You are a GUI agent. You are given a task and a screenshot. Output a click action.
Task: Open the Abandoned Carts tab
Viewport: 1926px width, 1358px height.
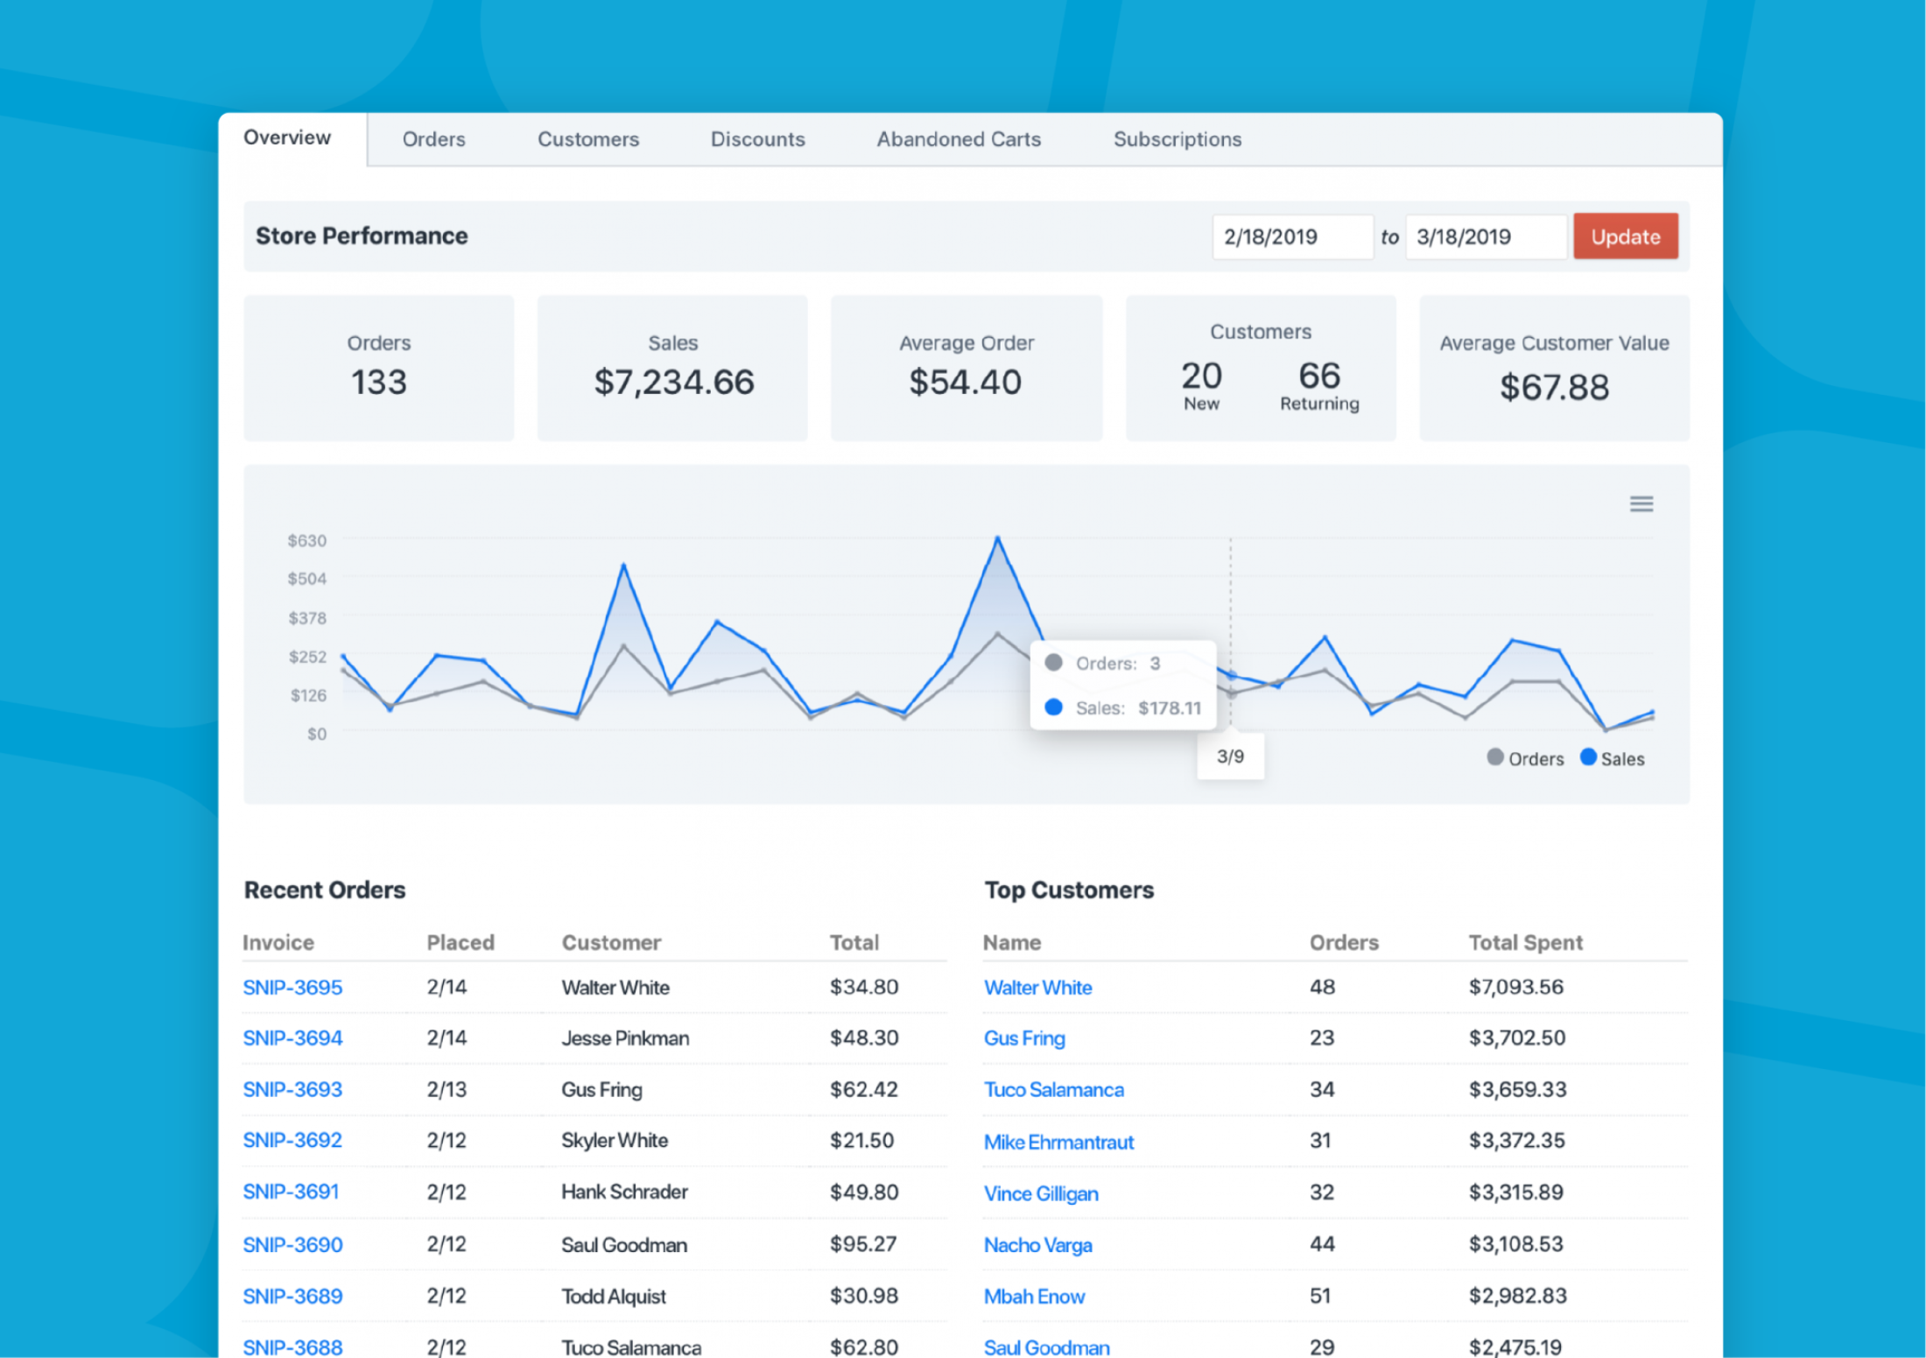(959, 139)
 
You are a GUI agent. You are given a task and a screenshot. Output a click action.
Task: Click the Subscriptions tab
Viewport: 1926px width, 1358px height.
(1177, 139)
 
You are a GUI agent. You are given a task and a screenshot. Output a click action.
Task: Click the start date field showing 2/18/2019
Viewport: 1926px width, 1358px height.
(1292, 236)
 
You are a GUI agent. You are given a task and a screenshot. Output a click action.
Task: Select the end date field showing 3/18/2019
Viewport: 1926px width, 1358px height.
(1486, 236)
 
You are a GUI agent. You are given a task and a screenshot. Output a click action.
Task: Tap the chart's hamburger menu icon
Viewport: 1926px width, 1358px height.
(1641, 503)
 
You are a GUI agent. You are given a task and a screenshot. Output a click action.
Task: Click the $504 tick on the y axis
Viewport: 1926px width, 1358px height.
(306, 579)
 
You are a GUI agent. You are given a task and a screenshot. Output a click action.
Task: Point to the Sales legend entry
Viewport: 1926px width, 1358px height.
(1613, 758)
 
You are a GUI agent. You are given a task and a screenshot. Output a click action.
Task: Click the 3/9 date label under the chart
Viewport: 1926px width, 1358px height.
(1230, 756)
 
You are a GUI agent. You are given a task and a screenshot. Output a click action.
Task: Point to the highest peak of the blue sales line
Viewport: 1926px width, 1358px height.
(997, 538)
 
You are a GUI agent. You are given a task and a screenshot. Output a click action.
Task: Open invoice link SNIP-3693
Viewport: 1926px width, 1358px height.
(292, 1089)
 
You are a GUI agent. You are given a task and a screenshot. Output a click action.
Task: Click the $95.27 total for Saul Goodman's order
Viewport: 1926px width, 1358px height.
(863, 1244)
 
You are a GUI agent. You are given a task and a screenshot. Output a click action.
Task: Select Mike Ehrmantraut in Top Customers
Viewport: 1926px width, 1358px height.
(1058, 1142)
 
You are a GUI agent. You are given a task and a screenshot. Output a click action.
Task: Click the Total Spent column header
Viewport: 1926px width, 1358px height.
(1526, 942)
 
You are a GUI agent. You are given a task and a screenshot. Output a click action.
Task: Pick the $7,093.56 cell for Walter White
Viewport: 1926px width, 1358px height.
(1516, 987)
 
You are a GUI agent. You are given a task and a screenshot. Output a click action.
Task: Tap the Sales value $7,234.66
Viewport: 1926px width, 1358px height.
(674, 382)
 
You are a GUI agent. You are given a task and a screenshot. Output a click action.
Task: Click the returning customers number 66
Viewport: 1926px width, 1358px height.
(1319, 376)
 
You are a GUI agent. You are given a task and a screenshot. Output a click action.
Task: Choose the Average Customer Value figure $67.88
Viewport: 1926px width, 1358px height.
(1555, 387)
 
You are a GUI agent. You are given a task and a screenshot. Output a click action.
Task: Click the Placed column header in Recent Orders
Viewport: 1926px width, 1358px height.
(460, 942)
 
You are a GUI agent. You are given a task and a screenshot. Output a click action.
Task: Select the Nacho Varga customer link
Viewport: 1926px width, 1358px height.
(1038, 1245)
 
